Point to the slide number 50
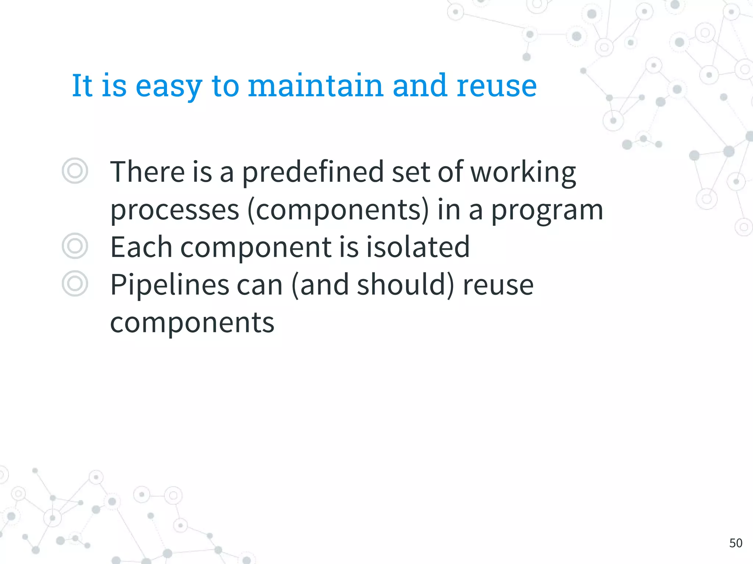pos(736,543)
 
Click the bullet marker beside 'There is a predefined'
pos(75,171)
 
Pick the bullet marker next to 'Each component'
pos(75,246)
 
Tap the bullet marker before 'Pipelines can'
pos(75,284)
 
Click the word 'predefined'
pos(313,172)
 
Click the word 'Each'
pos(142,247)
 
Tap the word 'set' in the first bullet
pos(411,172)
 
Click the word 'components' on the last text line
pos(192,323)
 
